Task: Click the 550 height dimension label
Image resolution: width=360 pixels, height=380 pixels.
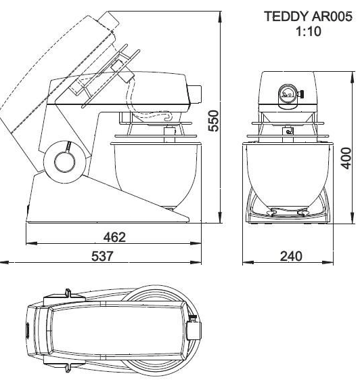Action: coord(213,121)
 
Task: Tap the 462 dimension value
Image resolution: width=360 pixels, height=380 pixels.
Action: coord(114,237)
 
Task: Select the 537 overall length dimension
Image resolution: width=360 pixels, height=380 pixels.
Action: coord(102,256)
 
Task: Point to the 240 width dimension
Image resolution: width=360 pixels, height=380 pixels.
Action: coord(291,256)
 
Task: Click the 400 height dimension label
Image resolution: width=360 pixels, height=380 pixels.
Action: coord(346,158)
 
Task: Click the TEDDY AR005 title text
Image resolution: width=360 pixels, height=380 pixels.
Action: coord(308,16)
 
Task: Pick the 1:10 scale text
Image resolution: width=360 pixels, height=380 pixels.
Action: coord(309,31)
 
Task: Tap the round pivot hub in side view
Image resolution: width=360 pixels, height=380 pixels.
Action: coord(65,162)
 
